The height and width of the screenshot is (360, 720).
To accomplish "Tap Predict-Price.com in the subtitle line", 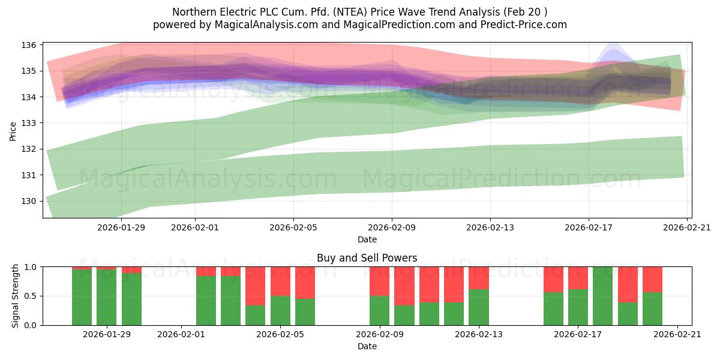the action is pos(524,25).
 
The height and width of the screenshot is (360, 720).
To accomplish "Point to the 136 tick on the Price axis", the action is pos(29,45).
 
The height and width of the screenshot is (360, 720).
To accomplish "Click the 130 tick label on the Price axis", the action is pos(29,201).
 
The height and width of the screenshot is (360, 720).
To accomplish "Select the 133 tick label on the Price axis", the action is pos(29,123).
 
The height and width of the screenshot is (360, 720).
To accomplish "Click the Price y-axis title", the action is pos(13,131).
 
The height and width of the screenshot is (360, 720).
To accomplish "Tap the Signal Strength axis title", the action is pos(15,296).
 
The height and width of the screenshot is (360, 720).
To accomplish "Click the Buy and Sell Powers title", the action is pos(367,258).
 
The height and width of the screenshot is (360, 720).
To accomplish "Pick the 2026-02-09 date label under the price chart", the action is pos(392,227).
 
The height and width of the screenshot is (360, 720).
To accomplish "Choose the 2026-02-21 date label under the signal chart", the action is pos(677,334).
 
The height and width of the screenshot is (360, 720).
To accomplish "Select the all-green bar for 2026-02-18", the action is pos(602,296).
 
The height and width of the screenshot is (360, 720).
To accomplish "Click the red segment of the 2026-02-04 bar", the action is pos(255,286).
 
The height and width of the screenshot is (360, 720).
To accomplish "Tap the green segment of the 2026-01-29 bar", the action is pos(106,298).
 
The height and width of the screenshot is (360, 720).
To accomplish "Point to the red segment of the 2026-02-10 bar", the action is pos(404,286).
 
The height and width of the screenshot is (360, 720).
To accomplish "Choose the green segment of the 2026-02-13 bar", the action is pos(479,307).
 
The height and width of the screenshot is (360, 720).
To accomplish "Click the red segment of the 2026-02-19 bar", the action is pos(628,284).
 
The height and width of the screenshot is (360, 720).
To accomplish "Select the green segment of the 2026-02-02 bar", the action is pos(206,301).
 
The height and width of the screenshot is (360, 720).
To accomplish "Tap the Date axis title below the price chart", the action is pos(367,239).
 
